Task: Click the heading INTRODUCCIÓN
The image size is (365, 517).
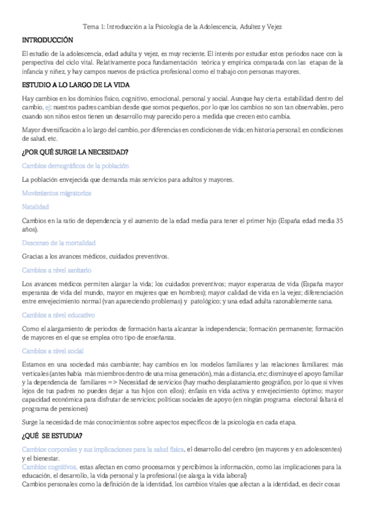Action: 47,40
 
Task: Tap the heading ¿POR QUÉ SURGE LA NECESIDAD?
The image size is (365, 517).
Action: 70,152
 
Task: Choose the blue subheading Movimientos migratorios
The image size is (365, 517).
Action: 56,193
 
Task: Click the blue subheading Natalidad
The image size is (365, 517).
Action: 35,207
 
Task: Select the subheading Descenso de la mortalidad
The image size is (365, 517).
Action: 58,242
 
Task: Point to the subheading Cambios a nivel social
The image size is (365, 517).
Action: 52,351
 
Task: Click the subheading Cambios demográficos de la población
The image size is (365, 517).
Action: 75,166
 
